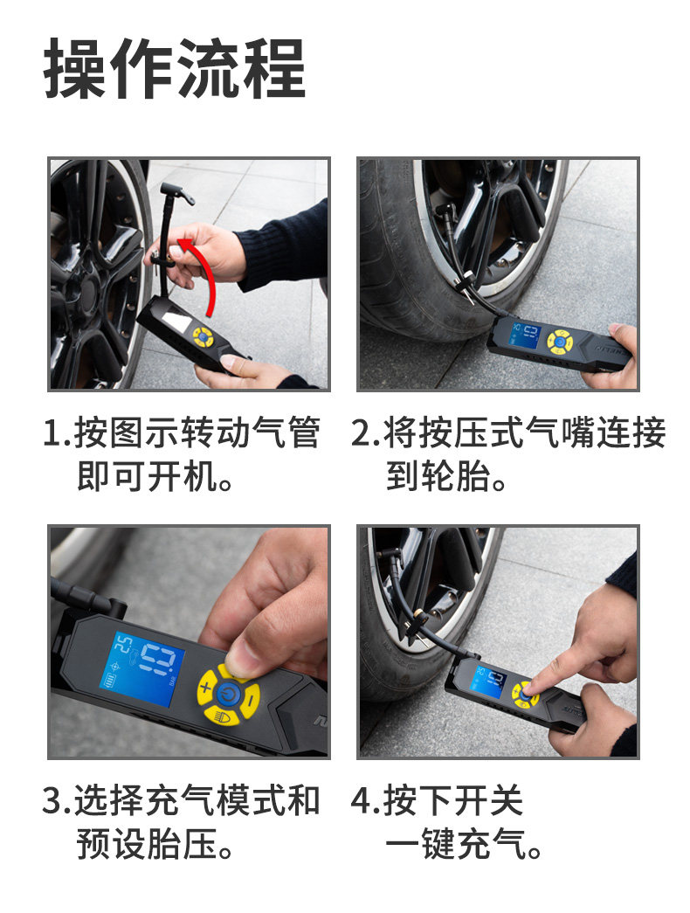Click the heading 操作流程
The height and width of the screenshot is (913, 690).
tap(175, 69)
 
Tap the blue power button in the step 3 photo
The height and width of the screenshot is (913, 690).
tap(228, 694)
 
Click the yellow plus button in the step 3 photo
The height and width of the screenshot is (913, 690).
tap(206, 687)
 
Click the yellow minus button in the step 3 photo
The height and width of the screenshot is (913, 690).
tap(251, 698)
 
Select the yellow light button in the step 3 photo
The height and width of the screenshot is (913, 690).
tap(220, 715)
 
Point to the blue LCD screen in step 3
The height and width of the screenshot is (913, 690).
tap(141, 669)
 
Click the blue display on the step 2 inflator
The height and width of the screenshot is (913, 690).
tap(525, 335)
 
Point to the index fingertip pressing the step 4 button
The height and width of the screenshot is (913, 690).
tap(529, 688)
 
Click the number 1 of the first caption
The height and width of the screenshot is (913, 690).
tap(52, 433)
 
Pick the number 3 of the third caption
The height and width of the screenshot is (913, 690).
tap(52, 800)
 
